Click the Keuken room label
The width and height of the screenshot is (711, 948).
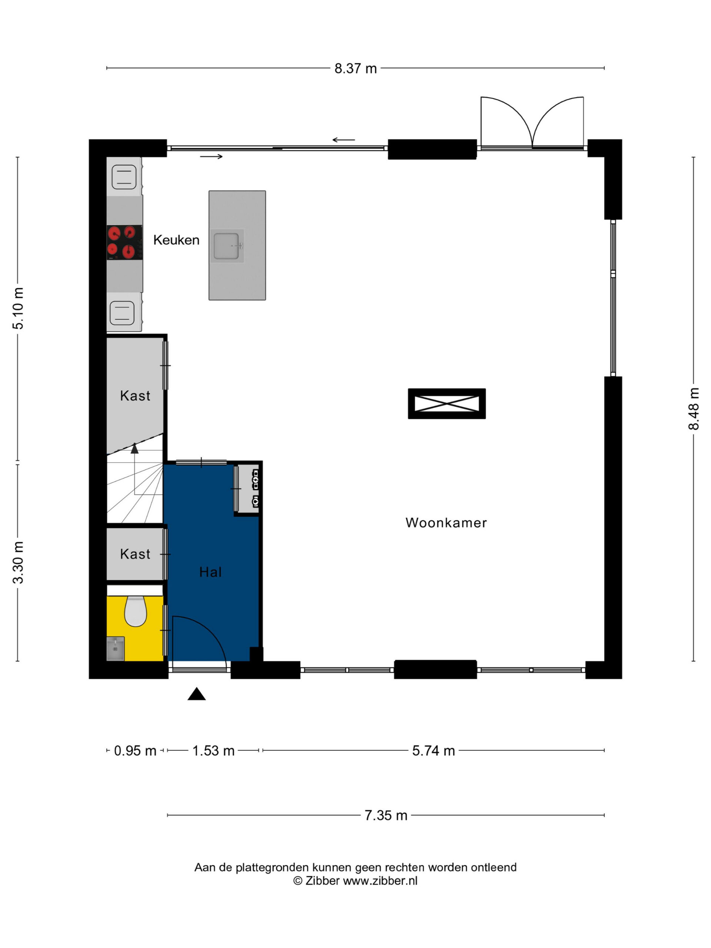click(x=176, y=240)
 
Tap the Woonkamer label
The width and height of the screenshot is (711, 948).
click(x=446, y=523)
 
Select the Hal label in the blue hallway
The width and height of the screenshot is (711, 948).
click(x=210, y=572)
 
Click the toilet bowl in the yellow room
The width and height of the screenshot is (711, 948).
click(x=136, y=611)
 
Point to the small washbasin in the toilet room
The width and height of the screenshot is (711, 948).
click(x=115, y=648)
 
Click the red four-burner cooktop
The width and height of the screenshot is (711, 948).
click(x=124, y=242)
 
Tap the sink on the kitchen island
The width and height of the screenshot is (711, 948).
click(x=227, y=246)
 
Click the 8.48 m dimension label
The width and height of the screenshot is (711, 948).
click(x=694, y=408)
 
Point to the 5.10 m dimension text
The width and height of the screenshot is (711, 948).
click(x=19, y=308)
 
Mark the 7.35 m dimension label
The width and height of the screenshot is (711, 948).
click(x=386, y=815)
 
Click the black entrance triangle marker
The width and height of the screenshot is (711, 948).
click(x=197, y=694)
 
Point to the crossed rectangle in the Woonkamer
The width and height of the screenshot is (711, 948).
click(x=447, y=404)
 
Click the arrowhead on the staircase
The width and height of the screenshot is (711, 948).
click(x=134, y=448)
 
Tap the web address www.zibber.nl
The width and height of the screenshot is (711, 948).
click(x=380, y=881)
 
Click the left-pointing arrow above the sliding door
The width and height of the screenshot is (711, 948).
click(x=344, y=140)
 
